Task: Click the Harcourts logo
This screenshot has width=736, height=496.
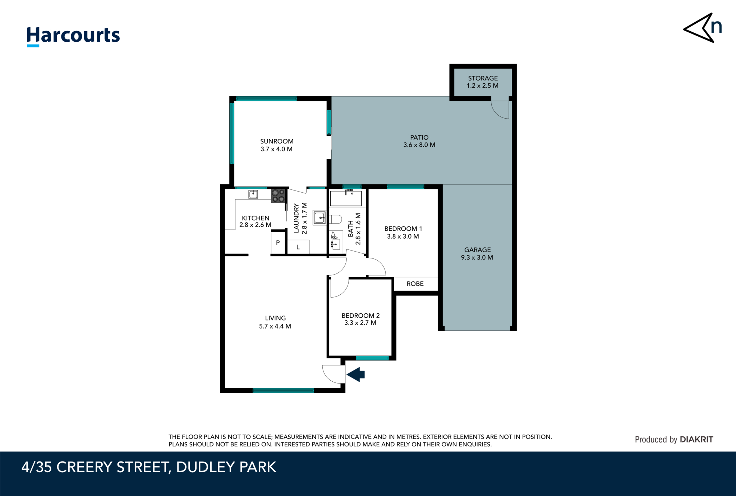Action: pyautogui.click(x=73, y=36)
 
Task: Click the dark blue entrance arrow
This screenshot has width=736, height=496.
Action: pyautogui.click(x=356, y=375)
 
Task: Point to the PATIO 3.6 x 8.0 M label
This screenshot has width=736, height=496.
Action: pyautogui.click(x=419, y=141)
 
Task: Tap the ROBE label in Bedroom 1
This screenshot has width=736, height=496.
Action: pyautogui.click(x=415, y=284)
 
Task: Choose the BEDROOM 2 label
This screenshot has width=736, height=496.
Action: pyautogui.click(x=360, y=319)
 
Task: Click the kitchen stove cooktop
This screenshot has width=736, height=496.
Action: pyautogui.click(x=278, y=196)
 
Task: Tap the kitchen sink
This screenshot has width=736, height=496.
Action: pyautogui.click(x=253, y=194)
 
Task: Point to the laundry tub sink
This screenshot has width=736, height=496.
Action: pyautogui.click(x=319, y=218)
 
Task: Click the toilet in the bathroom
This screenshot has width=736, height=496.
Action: pyautogui.click(x=335, y=219)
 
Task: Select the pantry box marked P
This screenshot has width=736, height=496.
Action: pyautogui.click(x=278, y=243)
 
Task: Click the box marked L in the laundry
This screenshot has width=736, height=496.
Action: pyautogui.click(x=298, y=247)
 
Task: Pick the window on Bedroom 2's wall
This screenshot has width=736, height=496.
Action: pyautogui.click(x=372, y=358)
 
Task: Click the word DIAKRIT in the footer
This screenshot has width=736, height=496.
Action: pyautogui.click(x=696, y=439)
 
